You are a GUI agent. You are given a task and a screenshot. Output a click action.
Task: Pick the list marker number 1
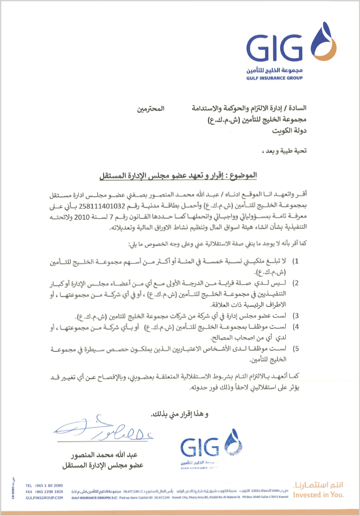point(295,261)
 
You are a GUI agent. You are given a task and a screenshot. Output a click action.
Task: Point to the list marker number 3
point(295,316)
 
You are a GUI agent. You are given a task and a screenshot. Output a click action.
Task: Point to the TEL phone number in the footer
point(48,485)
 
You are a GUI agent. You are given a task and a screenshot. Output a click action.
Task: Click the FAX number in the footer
point(49,491)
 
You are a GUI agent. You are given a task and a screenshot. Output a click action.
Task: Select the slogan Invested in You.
point(318,495)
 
